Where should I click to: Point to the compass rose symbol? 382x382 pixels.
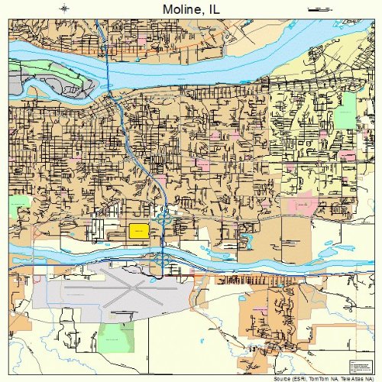64,8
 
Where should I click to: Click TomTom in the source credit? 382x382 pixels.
319,378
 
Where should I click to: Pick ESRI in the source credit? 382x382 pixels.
299,378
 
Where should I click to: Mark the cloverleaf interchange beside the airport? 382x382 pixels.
161,261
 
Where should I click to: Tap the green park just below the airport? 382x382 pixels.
114,335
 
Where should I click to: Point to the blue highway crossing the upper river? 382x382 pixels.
106,57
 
